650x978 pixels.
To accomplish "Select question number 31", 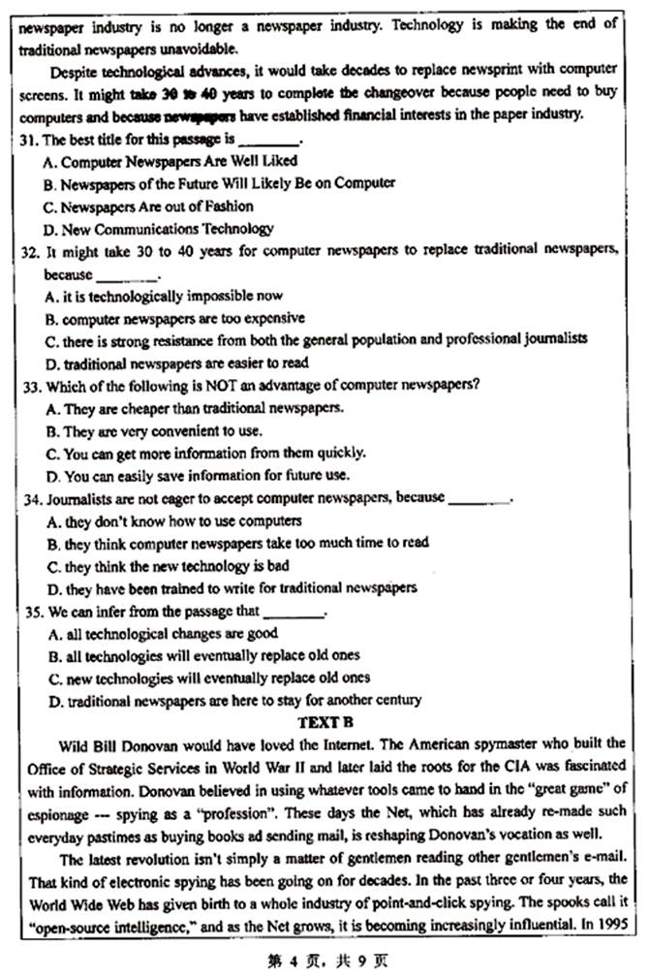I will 28,140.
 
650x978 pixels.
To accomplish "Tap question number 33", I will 28,386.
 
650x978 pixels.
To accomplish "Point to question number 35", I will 28,612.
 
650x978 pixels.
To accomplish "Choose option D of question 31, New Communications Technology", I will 160,229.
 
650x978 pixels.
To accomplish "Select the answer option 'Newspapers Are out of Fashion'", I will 149,206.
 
